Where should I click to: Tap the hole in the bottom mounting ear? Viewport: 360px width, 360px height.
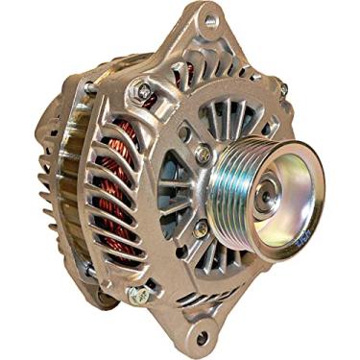tap(200, 339)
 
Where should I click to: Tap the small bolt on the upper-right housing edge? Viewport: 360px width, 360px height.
tap(284, 88)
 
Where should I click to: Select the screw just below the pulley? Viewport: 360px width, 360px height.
tap(201, 228)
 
